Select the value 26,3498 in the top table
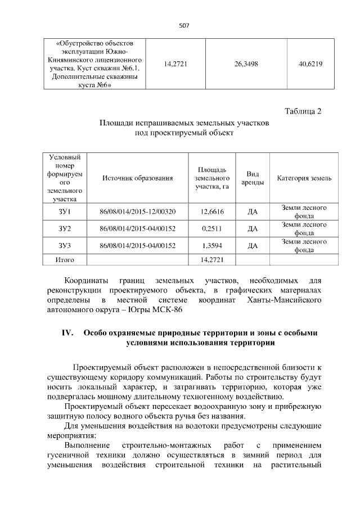coord(246,64)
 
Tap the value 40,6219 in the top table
coord(310,64)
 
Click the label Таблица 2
coord(303,110)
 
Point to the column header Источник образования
coord(137,178)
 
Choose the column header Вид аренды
coord(253,178)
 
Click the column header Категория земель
coord(304,178)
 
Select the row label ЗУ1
coord(64,211)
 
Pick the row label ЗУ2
coord(64,228)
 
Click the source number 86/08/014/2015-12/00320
coord(137,211)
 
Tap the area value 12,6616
coord(213,211)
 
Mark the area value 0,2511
coord(213,228)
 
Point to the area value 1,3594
coord(213,246)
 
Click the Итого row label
coord(64,260)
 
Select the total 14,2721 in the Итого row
coord(213,260)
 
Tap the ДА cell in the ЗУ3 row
coord(253,246)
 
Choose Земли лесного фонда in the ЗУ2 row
coord(304,228)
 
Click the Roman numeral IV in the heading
coord(68,332)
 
